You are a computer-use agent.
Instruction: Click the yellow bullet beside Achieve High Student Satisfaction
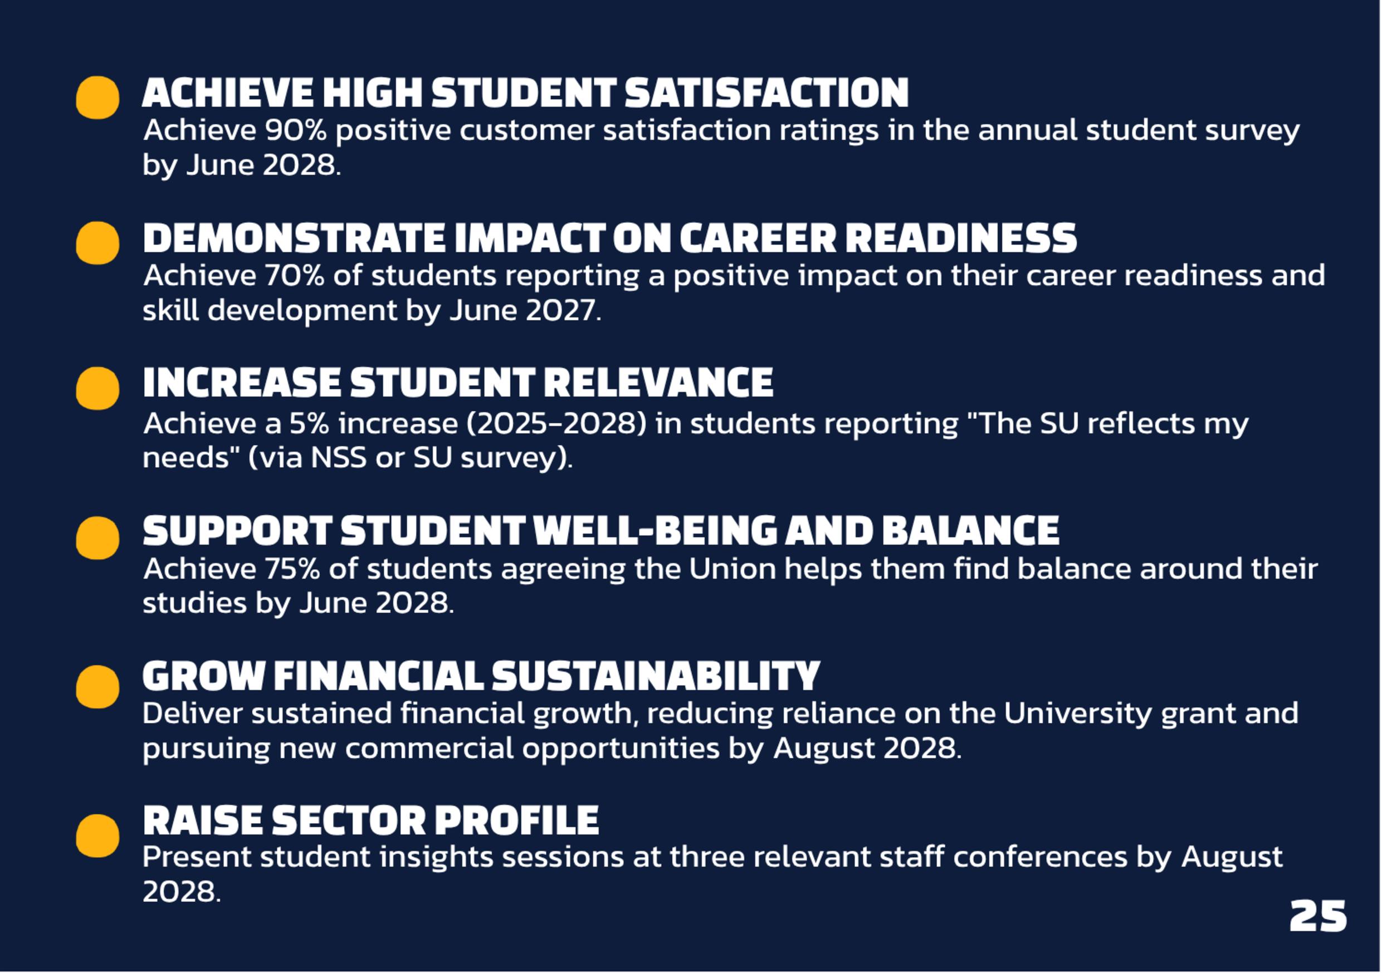[x=97, y=97]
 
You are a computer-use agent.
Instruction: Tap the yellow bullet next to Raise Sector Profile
[x=97, y=836]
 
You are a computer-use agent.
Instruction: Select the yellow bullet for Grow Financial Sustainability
[x=97, y=687]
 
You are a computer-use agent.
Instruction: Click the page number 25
[x=1318, y=916]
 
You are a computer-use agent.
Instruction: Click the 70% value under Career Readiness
[x=294, y=276]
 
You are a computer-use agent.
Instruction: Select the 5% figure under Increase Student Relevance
[x=309, y=424]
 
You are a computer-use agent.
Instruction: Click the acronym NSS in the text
[x=338, y=458]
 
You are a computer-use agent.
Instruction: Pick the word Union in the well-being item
[x=732, y=569]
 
